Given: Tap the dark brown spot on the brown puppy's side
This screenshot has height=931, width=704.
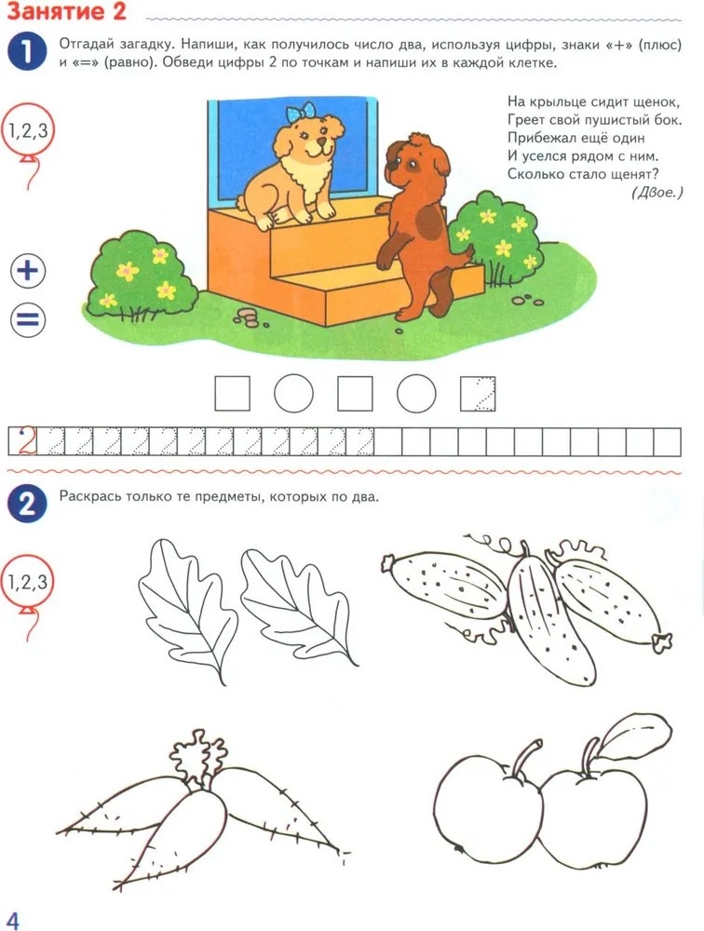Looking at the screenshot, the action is coord(429,223).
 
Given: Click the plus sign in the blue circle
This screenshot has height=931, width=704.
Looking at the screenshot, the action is coord(28,271).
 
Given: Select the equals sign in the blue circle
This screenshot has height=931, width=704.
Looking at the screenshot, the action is coord(28,320).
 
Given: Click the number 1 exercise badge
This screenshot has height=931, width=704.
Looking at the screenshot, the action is coord(27,51).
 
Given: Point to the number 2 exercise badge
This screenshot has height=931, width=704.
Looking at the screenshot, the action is coord(27,504).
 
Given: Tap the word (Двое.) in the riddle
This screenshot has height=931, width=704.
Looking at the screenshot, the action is coord(657,192).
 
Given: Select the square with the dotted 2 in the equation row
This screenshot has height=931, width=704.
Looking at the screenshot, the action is coord(478,393).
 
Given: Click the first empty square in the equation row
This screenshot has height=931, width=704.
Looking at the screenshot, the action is coord(232,393).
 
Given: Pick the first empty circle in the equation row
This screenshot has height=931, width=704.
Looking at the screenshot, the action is coord(293,393).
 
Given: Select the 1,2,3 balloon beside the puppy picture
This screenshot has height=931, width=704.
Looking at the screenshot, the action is coord(27,132).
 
